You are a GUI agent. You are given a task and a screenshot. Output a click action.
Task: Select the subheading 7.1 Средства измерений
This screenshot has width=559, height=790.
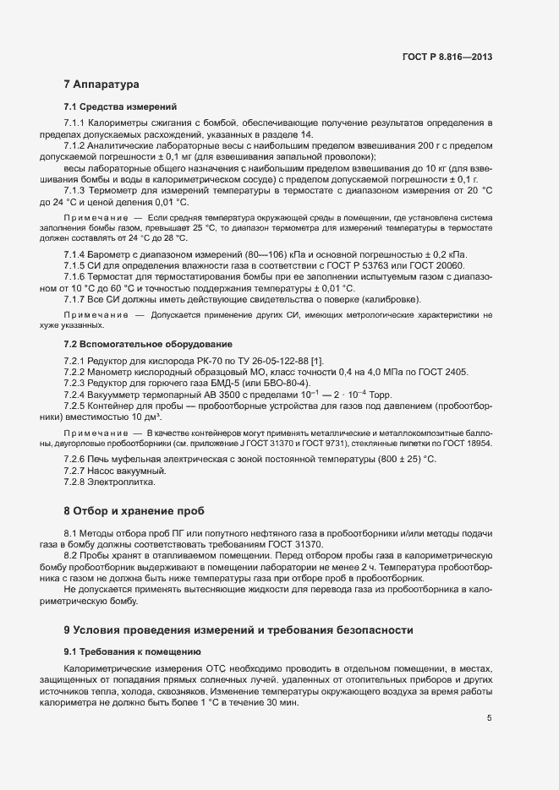[x=120, y=107]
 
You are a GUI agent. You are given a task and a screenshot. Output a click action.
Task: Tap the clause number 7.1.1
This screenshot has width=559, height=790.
[x=76, y=124]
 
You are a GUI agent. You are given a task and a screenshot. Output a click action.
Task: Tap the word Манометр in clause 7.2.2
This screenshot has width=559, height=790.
[x=115, y=373]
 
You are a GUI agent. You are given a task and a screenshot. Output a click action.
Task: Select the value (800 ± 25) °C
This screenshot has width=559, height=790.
[x=401, y=459]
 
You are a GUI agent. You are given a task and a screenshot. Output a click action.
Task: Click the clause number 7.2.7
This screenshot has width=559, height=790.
[x=76, y=470]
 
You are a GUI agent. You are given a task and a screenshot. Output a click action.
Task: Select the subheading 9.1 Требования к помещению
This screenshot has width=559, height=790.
[x=132, y=651]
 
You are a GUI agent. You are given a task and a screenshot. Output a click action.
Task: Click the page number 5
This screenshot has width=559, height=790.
[x=489, y=718]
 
